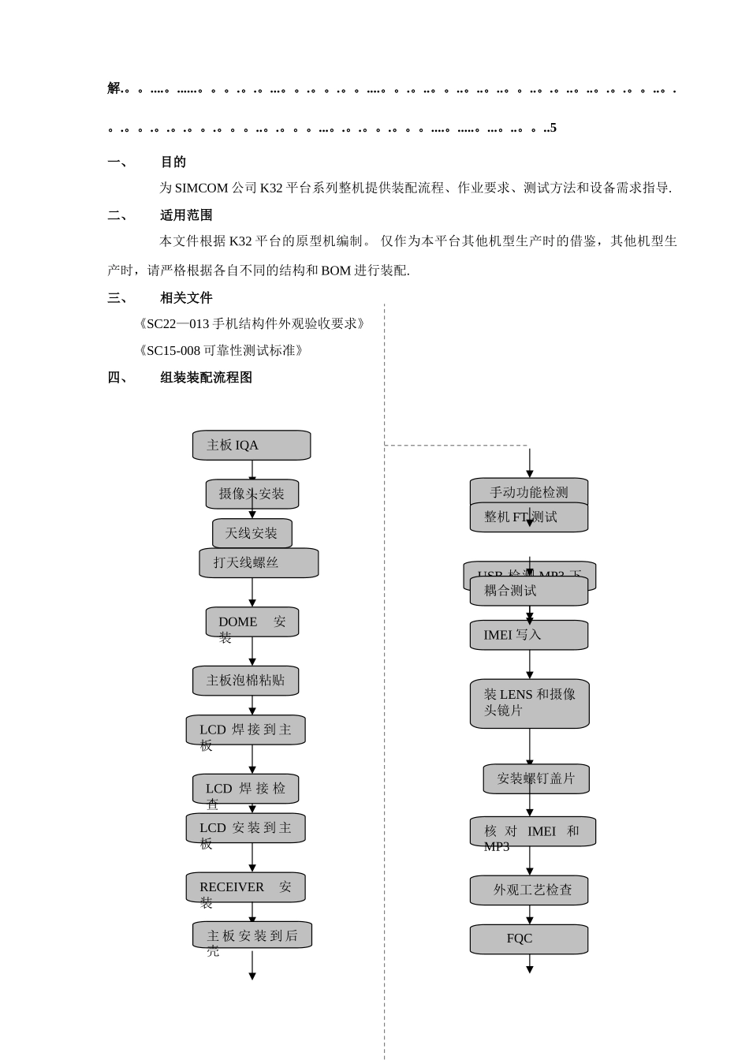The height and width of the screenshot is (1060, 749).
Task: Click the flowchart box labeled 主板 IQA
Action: point(252,446)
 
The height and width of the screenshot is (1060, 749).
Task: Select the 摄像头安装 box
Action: point(252,495)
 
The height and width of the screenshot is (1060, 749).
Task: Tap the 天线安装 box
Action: point(252,534)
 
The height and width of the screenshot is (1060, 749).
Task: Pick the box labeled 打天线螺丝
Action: point(259,563)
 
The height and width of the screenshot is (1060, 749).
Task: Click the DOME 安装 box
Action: point(252,622)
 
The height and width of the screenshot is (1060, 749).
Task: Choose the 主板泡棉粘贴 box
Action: point(246,681)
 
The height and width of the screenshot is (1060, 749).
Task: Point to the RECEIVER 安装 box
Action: point(246,888)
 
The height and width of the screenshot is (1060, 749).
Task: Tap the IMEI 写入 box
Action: point(529,636)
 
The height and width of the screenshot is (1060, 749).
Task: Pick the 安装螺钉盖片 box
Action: point(536,779)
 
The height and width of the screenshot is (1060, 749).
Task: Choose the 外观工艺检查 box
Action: point(529,890)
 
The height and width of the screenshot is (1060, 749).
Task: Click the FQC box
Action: point(529,939)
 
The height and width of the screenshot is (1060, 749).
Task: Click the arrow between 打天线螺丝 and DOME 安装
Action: point(252,592)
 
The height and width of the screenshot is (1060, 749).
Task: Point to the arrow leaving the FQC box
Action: point(530,964)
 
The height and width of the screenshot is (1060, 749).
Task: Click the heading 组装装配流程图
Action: point(206,378)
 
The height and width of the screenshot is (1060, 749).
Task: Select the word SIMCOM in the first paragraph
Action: point(200,188)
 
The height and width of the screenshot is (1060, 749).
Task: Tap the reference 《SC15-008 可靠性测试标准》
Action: point(220,351)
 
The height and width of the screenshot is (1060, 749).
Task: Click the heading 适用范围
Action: point(186,215)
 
